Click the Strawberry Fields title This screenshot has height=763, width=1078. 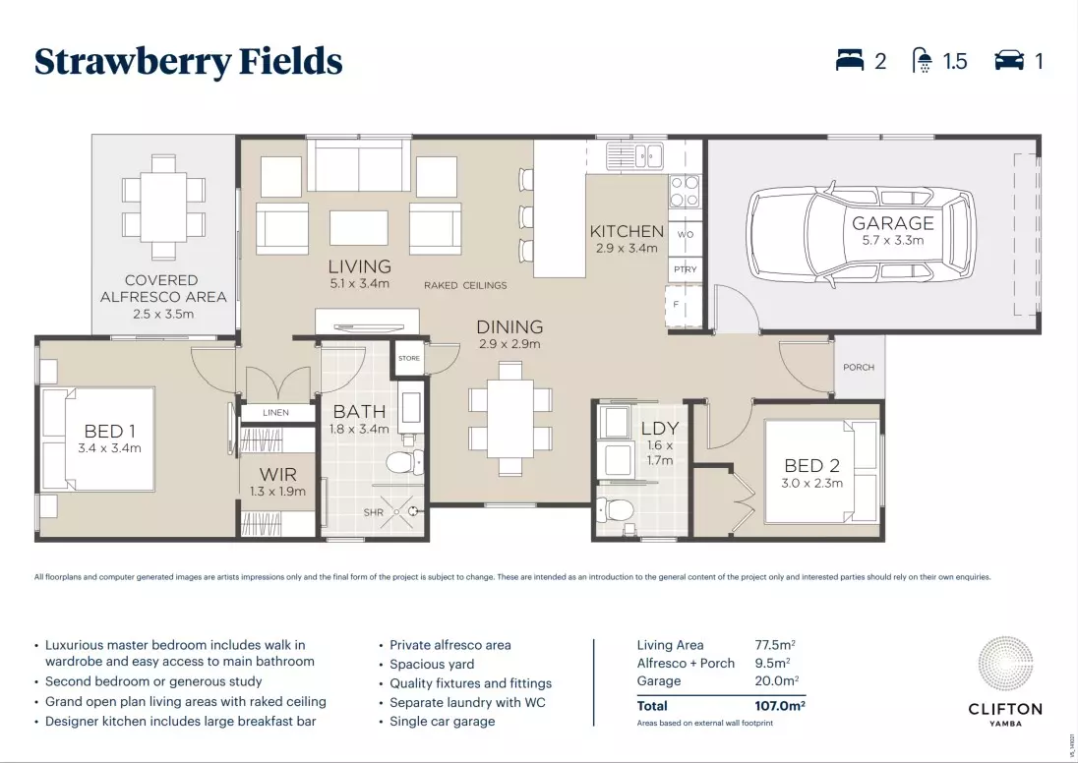coord(188,61)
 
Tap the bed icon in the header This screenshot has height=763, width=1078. coord(849,61)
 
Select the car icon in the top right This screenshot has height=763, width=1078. coord(1009,61)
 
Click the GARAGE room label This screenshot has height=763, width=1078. coord(893,223)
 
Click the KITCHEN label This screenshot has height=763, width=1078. coord(627,232)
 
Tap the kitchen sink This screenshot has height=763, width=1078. coord(634,154)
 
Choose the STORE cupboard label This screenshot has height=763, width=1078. coord(409,358)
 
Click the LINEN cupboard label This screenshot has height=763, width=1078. coord(276,413)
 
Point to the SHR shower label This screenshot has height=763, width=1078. coord(374,511)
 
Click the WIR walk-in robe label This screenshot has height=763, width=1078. coord(277,475)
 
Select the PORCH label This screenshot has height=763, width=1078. coord(859,368)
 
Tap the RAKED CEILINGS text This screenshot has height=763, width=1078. coord(465,285)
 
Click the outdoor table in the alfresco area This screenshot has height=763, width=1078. coord(163,205)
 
